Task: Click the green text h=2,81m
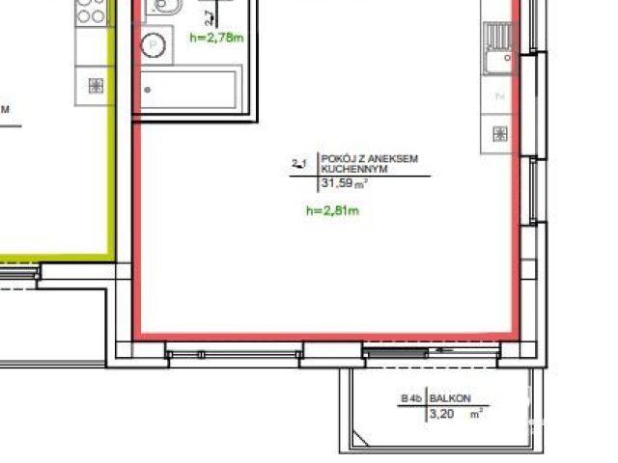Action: [x=332, y=209]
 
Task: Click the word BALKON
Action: [x=449, y=398]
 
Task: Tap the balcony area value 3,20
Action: [x=439, y=415]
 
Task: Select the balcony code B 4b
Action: [x=412, y=398]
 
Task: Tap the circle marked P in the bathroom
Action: [x=153, y=45]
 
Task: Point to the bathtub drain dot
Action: [x=148, y=90]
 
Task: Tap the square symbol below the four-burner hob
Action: [x=96, y=85]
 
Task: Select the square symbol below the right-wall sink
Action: [x=499, y=133]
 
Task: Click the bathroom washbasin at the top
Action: [x=161, y=9]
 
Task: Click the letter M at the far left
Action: [x=5, y=109]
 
